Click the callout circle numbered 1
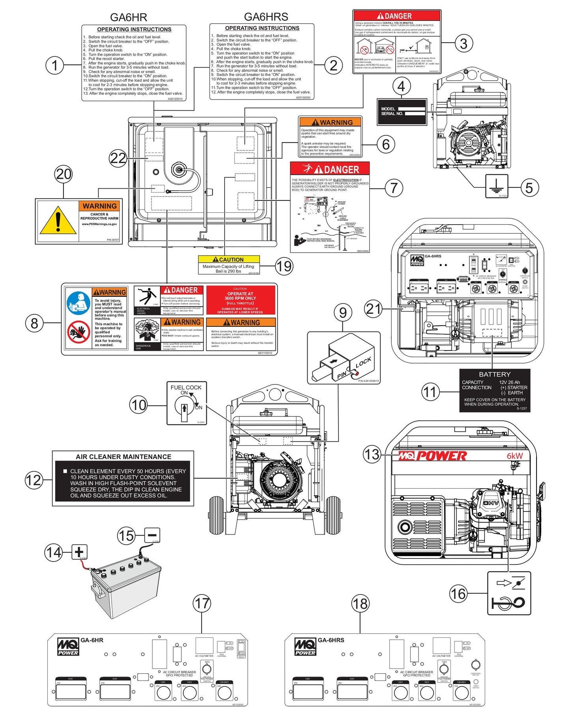click(55, 65)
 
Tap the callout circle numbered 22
click(118, 158)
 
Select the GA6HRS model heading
click(266, 17)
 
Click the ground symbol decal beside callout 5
click(496, 186)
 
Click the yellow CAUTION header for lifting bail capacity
click(229, 259)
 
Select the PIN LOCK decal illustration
click(344, 357)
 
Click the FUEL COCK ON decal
click(187, 403)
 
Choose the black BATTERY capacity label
click(495, 390)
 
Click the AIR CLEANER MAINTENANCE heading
click(123, 457)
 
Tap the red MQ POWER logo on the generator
click(432, 456)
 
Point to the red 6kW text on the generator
click(515, 456)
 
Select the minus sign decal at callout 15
click(152, 535)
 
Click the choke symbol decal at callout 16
click(509, 593)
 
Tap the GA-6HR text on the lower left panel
click(92, 640)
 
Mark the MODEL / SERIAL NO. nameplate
click(402, 111)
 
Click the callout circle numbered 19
click(284, 266)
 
